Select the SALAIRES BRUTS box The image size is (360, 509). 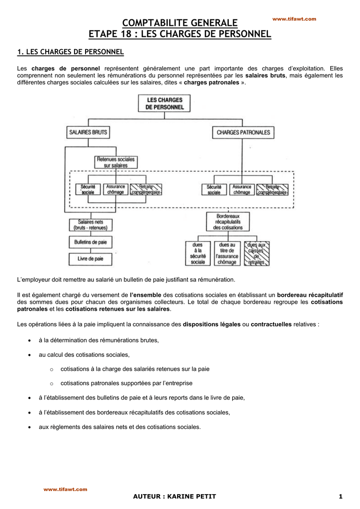click(x=88, y=132)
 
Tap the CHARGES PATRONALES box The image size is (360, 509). click(x=244, y=132)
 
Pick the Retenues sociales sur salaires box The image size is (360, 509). click(x=116, y=162)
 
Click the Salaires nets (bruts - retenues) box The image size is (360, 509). click(x=90, y=225)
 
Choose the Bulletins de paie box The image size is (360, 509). click(x=90, y=242)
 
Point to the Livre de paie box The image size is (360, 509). click(x=90, y=258)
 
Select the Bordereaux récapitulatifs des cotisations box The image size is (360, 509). click(x=228, y=222)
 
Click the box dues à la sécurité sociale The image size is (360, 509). click(x=198, y=253)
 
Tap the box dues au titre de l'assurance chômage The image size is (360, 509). click(x=227, y=253)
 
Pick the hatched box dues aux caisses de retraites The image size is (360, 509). click(x=257, y=253)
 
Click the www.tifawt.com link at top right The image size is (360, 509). click(x=294, y=19)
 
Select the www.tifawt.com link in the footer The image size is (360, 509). click(x=65, y=489)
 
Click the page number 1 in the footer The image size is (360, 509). click(x=341, y=497)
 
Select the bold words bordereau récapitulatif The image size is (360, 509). click(x=310, y=295)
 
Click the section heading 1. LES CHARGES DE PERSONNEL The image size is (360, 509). click(x=70, y=52)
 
